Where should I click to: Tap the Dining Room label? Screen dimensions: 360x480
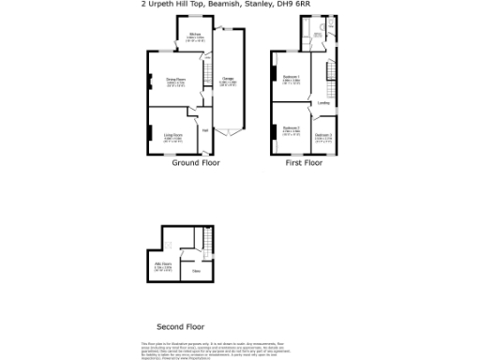click(175, 80)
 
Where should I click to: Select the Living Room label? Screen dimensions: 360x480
click(173, 135)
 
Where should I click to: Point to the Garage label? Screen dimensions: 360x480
click(228, 78)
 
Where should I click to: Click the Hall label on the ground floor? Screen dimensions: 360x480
click(204, 129)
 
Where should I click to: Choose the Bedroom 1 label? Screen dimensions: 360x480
click(291, 77)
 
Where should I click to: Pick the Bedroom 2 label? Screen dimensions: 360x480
click(291, 127)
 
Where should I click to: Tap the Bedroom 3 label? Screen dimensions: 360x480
click(323, 135)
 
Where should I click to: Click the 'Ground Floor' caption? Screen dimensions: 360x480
click(195, 162)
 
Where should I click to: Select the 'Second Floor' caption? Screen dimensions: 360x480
click(180, 327)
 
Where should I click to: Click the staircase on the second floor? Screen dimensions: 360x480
click(198, 238)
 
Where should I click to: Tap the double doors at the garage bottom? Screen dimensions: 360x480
click(228, 132)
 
